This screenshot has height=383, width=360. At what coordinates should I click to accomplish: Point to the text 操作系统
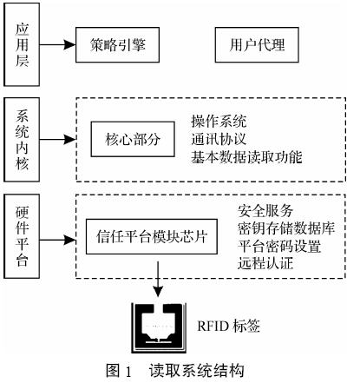[219, 121]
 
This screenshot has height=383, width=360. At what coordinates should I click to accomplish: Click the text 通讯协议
[219, 139]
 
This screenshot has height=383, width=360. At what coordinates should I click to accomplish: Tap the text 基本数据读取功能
[246, 157]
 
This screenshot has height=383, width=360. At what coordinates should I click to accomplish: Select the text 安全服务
[265, 211]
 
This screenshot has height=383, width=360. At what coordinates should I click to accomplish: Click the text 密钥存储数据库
[286, 228]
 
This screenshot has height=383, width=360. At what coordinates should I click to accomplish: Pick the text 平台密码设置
[279, 247]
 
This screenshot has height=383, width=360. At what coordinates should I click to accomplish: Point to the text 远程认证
[265, 264]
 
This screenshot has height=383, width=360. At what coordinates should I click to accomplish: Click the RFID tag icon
[159, 328]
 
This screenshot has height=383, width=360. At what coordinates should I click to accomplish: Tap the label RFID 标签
[228, 326]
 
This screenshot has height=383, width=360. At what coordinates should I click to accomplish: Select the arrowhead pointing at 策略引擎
[70, 45]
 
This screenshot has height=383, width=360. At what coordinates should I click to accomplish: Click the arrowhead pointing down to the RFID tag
[158, 291]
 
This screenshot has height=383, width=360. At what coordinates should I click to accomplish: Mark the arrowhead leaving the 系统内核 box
[70, 140]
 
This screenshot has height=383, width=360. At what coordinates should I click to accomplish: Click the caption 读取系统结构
[197, 371]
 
